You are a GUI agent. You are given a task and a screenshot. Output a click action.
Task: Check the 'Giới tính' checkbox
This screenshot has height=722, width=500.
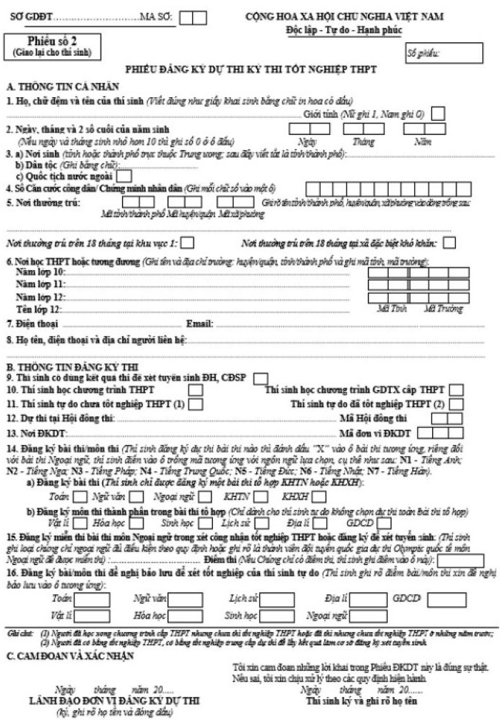[x=438, y=113]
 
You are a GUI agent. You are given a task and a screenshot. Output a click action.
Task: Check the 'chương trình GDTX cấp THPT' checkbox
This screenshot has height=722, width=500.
[x=456, y=389]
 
